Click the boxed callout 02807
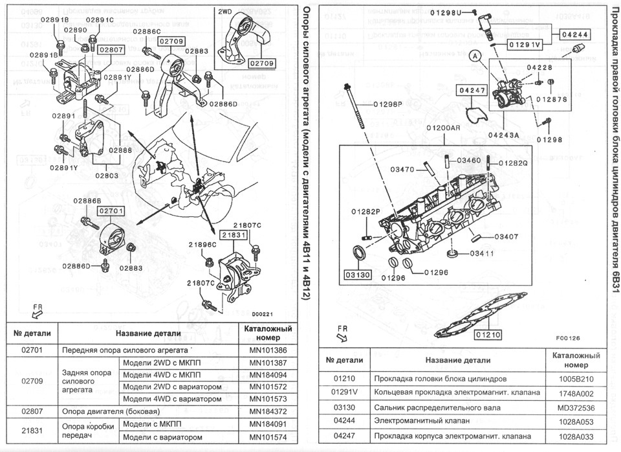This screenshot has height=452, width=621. [x=111, y=49]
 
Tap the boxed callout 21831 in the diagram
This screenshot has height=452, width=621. [x=233, y=236]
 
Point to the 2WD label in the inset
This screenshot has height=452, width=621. [x=225, y=12]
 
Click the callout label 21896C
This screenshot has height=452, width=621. [x=202, y=245]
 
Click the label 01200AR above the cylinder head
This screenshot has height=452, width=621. [x=442, y=128]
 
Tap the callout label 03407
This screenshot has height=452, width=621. [x=508, y=236]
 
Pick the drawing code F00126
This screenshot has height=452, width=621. [x=567, y=337]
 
